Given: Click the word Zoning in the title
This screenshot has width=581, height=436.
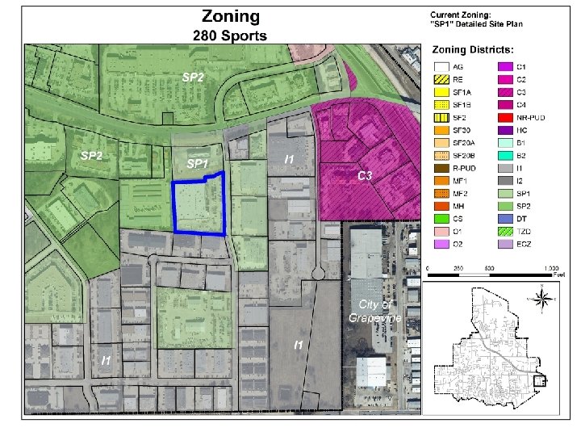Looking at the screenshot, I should (230, 16).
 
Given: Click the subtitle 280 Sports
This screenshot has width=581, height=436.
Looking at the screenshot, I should (230, 36).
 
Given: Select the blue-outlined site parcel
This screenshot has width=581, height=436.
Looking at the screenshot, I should (199, 208).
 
